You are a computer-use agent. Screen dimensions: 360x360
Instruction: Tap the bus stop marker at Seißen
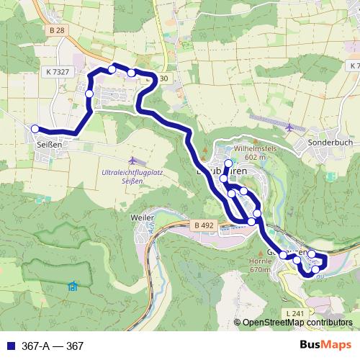(x=35, y=129)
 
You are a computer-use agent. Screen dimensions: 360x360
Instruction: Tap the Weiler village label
(x=142, y=216)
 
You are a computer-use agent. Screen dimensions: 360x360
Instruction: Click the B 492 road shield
(x=204, y=225)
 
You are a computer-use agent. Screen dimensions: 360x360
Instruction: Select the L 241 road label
(x=295, y=313)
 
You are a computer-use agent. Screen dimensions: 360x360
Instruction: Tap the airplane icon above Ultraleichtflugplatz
(x=132, y=160)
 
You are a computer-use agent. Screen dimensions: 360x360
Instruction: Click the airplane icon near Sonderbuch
(x=289, y=128)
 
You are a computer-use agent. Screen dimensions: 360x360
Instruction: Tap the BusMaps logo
(x=325, y=346)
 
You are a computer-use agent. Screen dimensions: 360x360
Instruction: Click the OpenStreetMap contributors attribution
(x=296, y=323)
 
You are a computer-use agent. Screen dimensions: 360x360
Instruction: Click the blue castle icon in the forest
(x=73, y=287)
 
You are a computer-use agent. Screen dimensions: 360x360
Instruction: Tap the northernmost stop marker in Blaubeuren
(x=228, y=163)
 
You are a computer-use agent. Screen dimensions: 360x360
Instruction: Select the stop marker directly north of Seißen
(x=89, y=94)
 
